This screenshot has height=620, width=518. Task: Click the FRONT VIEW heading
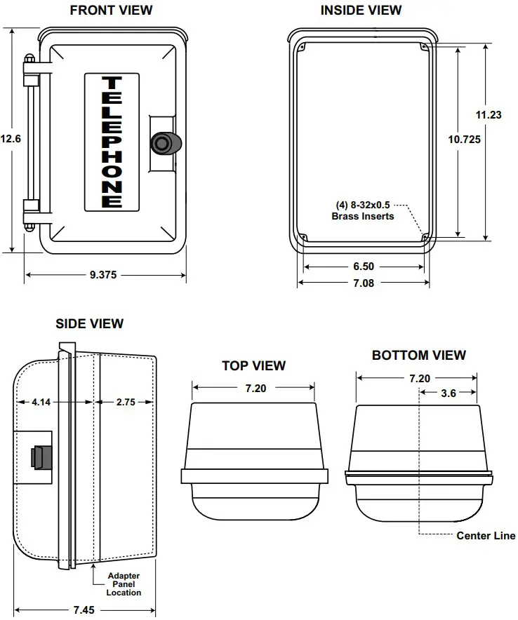[111, 11]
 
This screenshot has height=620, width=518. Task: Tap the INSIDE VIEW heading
[361, 11]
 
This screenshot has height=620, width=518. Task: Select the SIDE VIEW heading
[89, 323]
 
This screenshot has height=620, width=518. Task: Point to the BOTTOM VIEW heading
[418, 356]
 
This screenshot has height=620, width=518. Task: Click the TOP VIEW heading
[253, 365]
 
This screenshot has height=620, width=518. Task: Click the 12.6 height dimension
[11, 139]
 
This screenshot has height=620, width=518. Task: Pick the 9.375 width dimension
[103, 275]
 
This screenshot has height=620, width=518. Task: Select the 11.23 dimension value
[489, 116]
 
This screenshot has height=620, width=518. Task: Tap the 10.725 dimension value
[464, 140]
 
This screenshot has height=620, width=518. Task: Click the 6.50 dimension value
[363, 267]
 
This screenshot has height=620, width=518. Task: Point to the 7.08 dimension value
[363, 283]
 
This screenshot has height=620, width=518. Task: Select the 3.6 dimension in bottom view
[448, 393]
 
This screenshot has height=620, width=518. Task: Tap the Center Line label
[486, 536]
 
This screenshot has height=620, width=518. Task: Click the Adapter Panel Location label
[124, 584]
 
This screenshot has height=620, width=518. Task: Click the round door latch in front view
[164, 142]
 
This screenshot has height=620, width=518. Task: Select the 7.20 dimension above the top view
[255, 388]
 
